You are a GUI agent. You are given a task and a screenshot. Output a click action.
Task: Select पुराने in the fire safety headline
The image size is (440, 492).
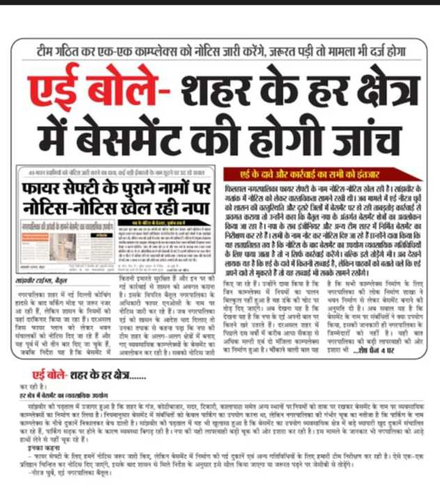(146, 187)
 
